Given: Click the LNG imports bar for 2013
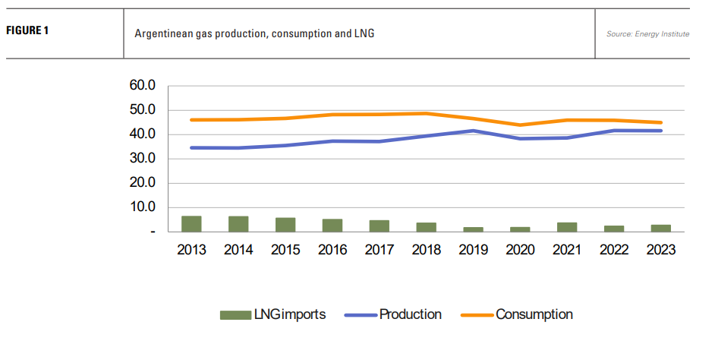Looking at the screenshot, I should tap(192, 224).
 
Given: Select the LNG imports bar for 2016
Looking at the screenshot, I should tap(332, 226).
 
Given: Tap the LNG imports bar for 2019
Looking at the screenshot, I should tap(474, 229).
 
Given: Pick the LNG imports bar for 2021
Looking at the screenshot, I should tap(567, 227).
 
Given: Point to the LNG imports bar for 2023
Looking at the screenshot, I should tap(660, 228).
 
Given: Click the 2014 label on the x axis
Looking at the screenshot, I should tap(238, 249).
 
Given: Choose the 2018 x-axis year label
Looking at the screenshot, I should tap(426, 249).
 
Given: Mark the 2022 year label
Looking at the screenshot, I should tap(614, 249).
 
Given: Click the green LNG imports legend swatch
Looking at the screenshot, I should tap(235, 314).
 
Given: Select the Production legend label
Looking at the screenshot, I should tap(410, 314).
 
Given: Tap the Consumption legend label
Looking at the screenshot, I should tap(534, 314).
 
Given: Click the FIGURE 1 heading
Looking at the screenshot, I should tap(28, 31).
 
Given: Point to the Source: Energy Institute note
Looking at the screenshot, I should tap(647, 34).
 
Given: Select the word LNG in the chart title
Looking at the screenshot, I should tap(364, 34).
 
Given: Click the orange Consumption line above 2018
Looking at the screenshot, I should tap(426, 113).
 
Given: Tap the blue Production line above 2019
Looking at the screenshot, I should tap(474, 131).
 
